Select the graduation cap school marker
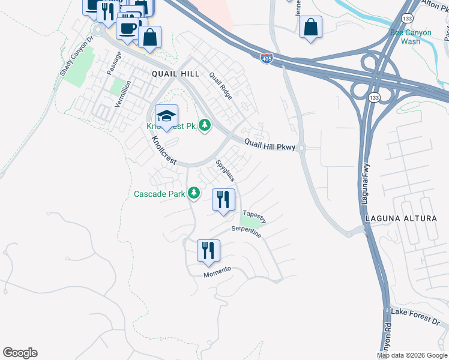tap(166, 116)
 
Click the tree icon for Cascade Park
tap(193, 193)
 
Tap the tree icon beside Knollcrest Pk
tap(205, 125)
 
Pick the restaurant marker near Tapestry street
tap(223, 200)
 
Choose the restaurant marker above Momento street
tap(208, 251)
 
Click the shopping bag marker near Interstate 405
tap(310, 27)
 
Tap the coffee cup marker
tap(127, 28)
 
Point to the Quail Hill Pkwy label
tap(270, 145)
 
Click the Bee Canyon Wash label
tap(411, 37)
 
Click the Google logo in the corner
tap(20, 353)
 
